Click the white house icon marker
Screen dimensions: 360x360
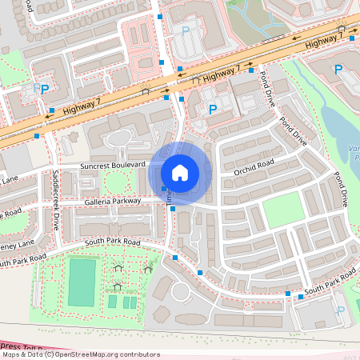[180, 173]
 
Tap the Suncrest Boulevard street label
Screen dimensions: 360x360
[112, 165]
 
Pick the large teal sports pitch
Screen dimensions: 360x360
[81, 282]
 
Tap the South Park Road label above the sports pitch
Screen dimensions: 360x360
[111, 242]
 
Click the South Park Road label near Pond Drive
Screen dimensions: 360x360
[330, 282]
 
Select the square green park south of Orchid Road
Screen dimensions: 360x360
[283, 208]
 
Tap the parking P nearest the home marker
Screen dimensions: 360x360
[212, 110]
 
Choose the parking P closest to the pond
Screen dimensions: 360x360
[338, 70]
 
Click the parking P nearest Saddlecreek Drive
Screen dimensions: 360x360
[44, 90]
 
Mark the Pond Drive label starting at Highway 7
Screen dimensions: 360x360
[265, 86]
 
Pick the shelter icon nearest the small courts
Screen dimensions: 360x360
[118, 286]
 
